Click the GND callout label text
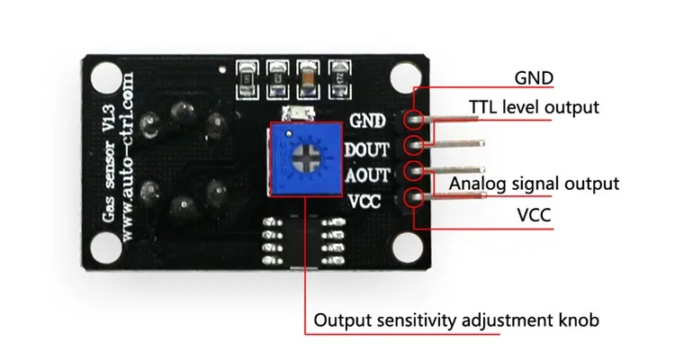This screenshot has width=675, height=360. [532, 77]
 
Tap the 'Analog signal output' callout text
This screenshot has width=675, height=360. [535, 184]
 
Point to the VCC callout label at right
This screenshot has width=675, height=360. [532, 216]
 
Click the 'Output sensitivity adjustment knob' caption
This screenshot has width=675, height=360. [456, 320]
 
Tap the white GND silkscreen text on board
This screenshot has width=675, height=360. [368, 120]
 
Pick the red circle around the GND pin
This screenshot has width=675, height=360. [416, 119]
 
